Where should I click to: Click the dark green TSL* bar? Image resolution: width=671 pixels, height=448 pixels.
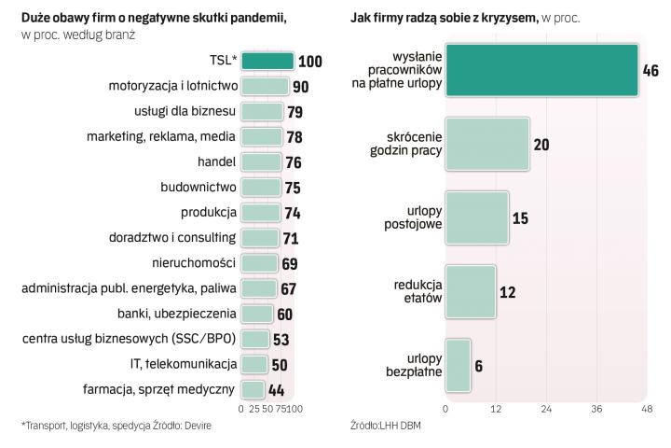click(267, 62)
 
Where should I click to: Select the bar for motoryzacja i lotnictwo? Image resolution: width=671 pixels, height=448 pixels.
click(265, 87)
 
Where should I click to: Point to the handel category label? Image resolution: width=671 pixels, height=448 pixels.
click(216, 162)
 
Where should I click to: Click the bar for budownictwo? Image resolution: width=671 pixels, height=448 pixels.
click(261, 188)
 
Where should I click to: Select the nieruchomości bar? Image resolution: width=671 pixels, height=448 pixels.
click(259, 263)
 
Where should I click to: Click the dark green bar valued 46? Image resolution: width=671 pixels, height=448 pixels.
click(541, 70)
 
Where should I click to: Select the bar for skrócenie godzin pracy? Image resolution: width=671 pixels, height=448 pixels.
click(487, 145)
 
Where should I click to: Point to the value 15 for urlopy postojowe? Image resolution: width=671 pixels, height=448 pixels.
click(520, 219)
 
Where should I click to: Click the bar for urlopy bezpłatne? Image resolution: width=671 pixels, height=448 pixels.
click(458, 365)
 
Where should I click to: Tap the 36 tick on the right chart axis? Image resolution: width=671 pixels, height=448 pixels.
click(596, 409)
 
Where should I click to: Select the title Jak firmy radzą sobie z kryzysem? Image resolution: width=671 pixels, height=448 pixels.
click(444, 18)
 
